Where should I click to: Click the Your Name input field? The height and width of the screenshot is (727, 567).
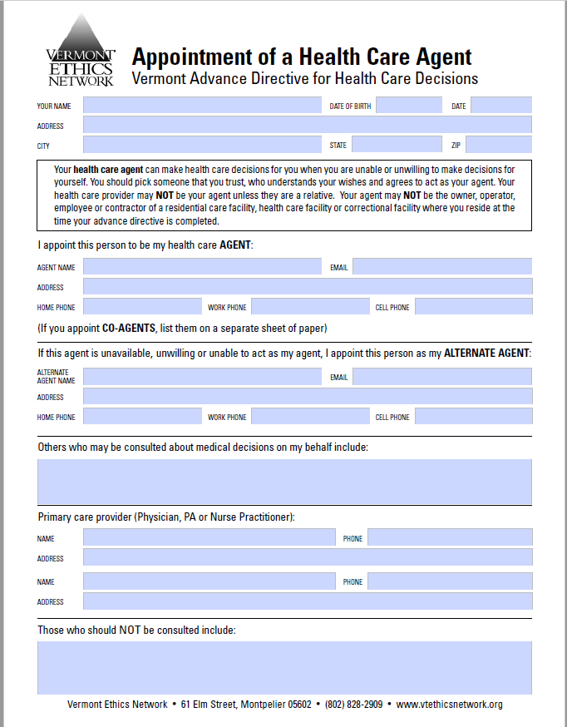pyautogui.click(x=202, y=106)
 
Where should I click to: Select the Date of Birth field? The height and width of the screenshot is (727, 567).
pyautogui.click(x=409, y=106)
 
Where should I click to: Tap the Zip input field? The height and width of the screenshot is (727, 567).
pyautogui.click(x=499, y=145)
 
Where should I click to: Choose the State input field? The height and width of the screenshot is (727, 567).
pyautogui.click(x=397, y=145)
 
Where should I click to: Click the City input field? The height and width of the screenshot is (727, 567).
pyautogui.click(x=202, y=145)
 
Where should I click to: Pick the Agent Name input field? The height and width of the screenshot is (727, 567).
pyautogui.click(x=202, y=267)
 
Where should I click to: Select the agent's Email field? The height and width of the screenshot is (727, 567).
pyautogui.click(x=442, y=267)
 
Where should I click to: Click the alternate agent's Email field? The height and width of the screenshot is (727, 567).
pyautogui.click(x=442, y=377)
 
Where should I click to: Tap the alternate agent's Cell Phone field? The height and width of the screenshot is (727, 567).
pyautogui.click(x=473, y=417)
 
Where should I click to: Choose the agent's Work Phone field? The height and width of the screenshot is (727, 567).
pyautogui.click(x=310, y=307)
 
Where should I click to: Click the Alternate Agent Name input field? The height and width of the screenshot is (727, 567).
pyautogui.click(x=202, y=377)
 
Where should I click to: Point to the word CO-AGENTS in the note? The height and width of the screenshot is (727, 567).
pyautogui.click(x=129, y=327)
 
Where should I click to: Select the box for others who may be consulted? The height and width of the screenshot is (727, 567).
pyautogui.click(x=284, y=482)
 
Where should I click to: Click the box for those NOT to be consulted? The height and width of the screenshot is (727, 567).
pyautogui.click(x=284, y=669)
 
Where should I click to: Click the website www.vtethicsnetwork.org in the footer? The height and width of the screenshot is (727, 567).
pyautogui.click(x=450, y=705)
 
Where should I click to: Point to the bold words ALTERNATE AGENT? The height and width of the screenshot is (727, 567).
pyautogui.click(x=486, y=353)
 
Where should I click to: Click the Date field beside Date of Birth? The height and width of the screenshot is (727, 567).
pyautogui.click(x=500, y=106)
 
